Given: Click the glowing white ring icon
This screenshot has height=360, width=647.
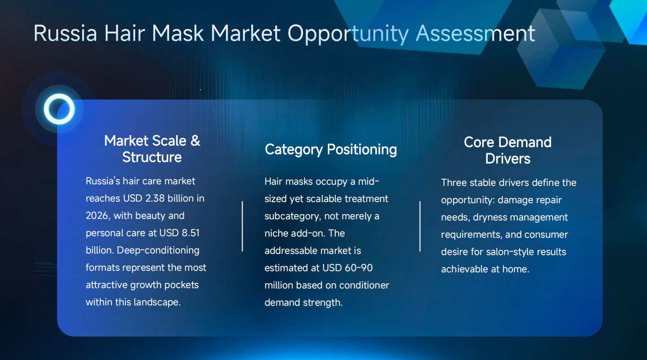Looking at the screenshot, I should tap(59, 109).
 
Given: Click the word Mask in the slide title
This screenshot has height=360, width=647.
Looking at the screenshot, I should tap(178, 33).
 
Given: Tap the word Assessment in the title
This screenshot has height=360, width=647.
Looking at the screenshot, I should tap(475, 33).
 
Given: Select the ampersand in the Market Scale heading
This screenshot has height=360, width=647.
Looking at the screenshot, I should tap(195, 141).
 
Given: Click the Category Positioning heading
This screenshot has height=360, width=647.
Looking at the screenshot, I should tap(331, 149).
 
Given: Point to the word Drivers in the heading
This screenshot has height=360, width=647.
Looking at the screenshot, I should tap(507, 159).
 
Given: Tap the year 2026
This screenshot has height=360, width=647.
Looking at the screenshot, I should tap(97, 216).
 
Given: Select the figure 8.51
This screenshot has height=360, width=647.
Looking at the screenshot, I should tap(191, 233).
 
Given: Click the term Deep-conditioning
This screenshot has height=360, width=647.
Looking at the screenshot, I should tap(158, 250).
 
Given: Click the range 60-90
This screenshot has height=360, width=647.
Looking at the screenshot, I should tap(358, 268).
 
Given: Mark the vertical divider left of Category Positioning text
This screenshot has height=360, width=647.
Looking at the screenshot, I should tap(242, 226).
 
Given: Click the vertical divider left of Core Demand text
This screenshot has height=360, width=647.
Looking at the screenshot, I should tap(420, 226).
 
